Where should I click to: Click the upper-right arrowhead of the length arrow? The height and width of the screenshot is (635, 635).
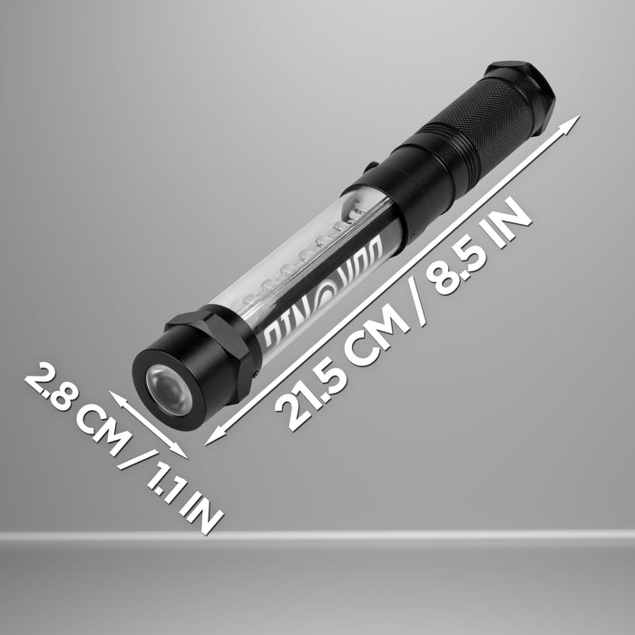click(x=572, y=122)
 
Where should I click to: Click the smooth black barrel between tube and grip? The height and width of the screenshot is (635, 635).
click(x=423, y=173)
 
